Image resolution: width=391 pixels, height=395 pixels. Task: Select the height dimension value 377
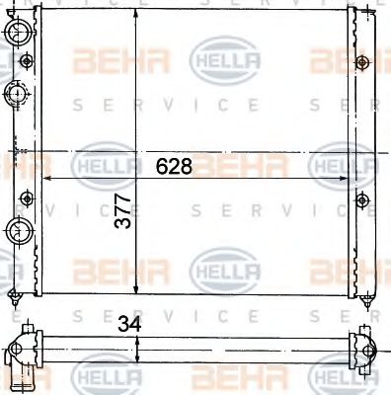point(122,210)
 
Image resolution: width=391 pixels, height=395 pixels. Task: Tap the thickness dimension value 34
point(128,323)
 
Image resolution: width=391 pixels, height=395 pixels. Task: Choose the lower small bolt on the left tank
point(26,195)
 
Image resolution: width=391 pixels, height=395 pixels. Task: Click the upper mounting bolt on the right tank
point(362,64)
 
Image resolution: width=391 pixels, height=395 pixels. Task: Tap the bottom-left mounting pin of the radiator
point(16,297)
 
